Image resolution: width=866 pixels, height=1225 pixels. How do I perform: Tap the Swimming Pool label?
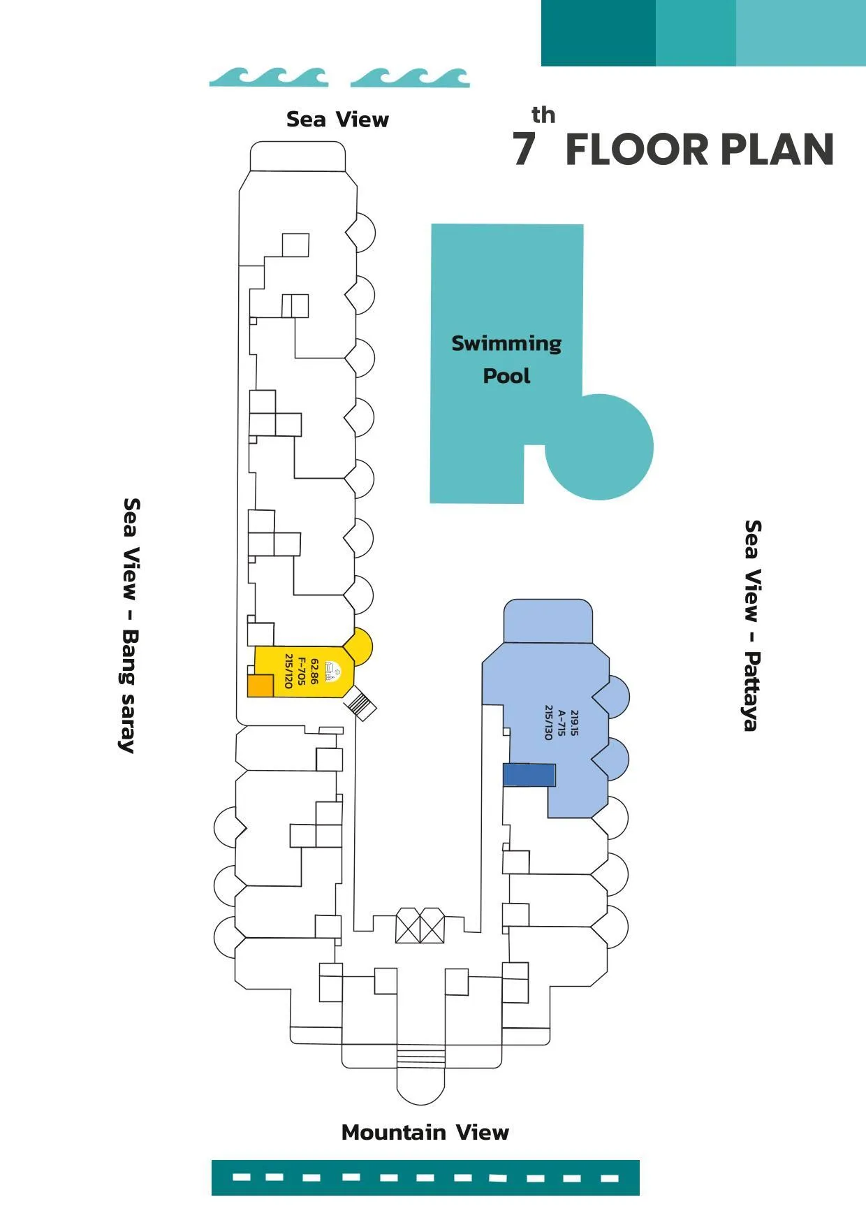506,359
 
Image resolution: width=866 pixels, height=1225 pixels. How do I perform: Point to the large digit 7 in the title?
524,149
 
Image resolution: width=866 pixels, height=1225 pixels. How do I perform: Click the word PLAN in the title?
777,150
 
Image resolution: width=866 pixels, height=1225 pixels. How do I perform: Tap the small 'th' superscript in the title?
543,115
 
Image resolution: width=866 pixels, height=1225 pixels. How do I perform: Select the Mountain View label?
425,1132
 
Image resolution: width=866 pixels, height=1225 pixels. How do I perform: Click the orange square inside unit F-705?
260,686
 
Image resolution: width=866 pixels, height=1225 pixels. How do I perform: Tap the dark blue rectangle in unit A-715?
529,775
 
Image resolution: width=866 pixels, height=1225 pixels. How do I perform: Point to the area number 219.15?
574,723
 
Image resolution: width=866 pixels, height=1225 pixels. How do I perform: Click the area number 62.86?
314,672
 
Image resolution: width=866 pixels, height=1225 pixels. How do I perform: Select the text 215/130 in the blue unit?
548,723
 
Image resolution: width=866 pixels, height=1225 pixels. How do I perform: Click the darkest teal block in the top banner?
599,33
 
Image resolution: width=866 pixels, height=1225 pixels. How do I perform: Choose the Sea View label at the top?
337,119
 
